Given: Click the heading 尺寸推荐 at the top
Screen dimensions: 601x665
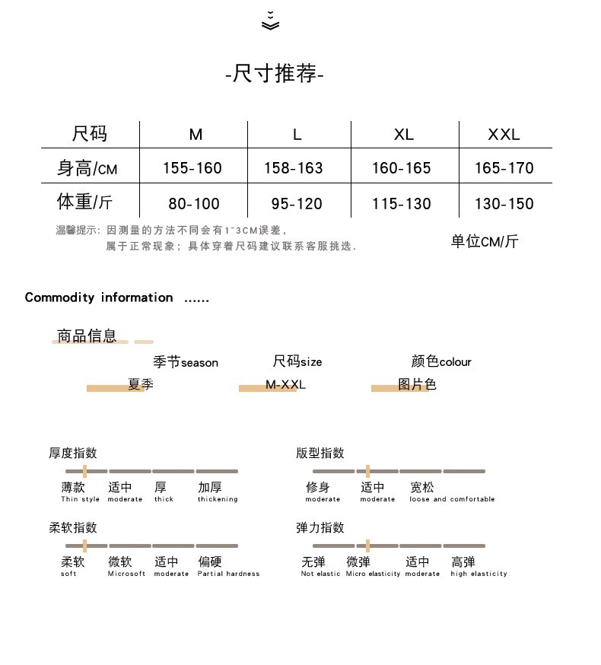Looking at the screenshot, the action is click(275, 75).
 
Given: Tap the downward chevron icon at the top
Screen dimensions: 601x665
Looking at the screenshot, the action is click(270, 22).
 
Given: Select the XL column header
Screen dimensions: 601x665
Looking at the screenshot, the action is click(404, 135).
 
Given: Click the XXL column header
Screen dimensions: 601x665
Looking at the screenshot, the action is click(504, 135).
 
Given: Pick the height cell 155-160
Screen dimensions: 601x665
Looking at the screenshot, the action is click(192, 168).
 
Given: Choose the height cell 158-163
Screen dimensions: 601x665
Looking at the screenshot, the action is click(294, 168).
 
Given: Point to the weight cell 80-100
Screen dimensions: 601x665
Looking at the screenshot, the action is click(194, 204).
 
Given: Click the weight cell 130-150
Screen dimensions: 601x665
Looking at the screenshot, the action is click(504, 204).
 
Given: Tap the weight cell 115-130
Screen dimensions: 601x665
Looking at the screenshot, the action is click(402, 204).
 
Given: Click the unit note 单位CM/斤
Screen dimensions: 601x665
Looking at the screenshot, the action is click(485, 242).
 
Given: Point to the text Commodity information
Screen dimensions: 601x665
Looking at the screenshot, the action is click(99, 297).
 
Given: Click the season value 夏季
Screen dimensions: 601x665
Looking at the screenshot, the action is click(141, 384).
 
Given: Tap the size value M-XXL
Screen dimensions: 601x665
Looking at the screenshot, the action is click(285, 384).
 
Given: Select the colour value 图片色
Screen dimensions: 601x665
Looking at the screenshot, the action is click(417, 384).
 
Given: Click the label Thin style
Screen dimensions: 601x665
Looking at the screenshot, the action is click(80, 500).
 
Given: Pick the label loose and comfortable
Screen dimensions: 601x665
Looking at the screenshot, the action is click(452, 500).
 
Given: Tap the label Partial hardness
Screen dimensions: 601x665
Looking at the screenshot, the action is click(228, 574).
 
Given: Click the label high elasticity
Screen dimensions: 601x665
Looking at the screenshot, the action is click(479, 574).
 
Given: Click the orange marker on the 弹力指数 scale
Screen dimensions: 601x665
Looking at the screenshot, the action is click(367, 546).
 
